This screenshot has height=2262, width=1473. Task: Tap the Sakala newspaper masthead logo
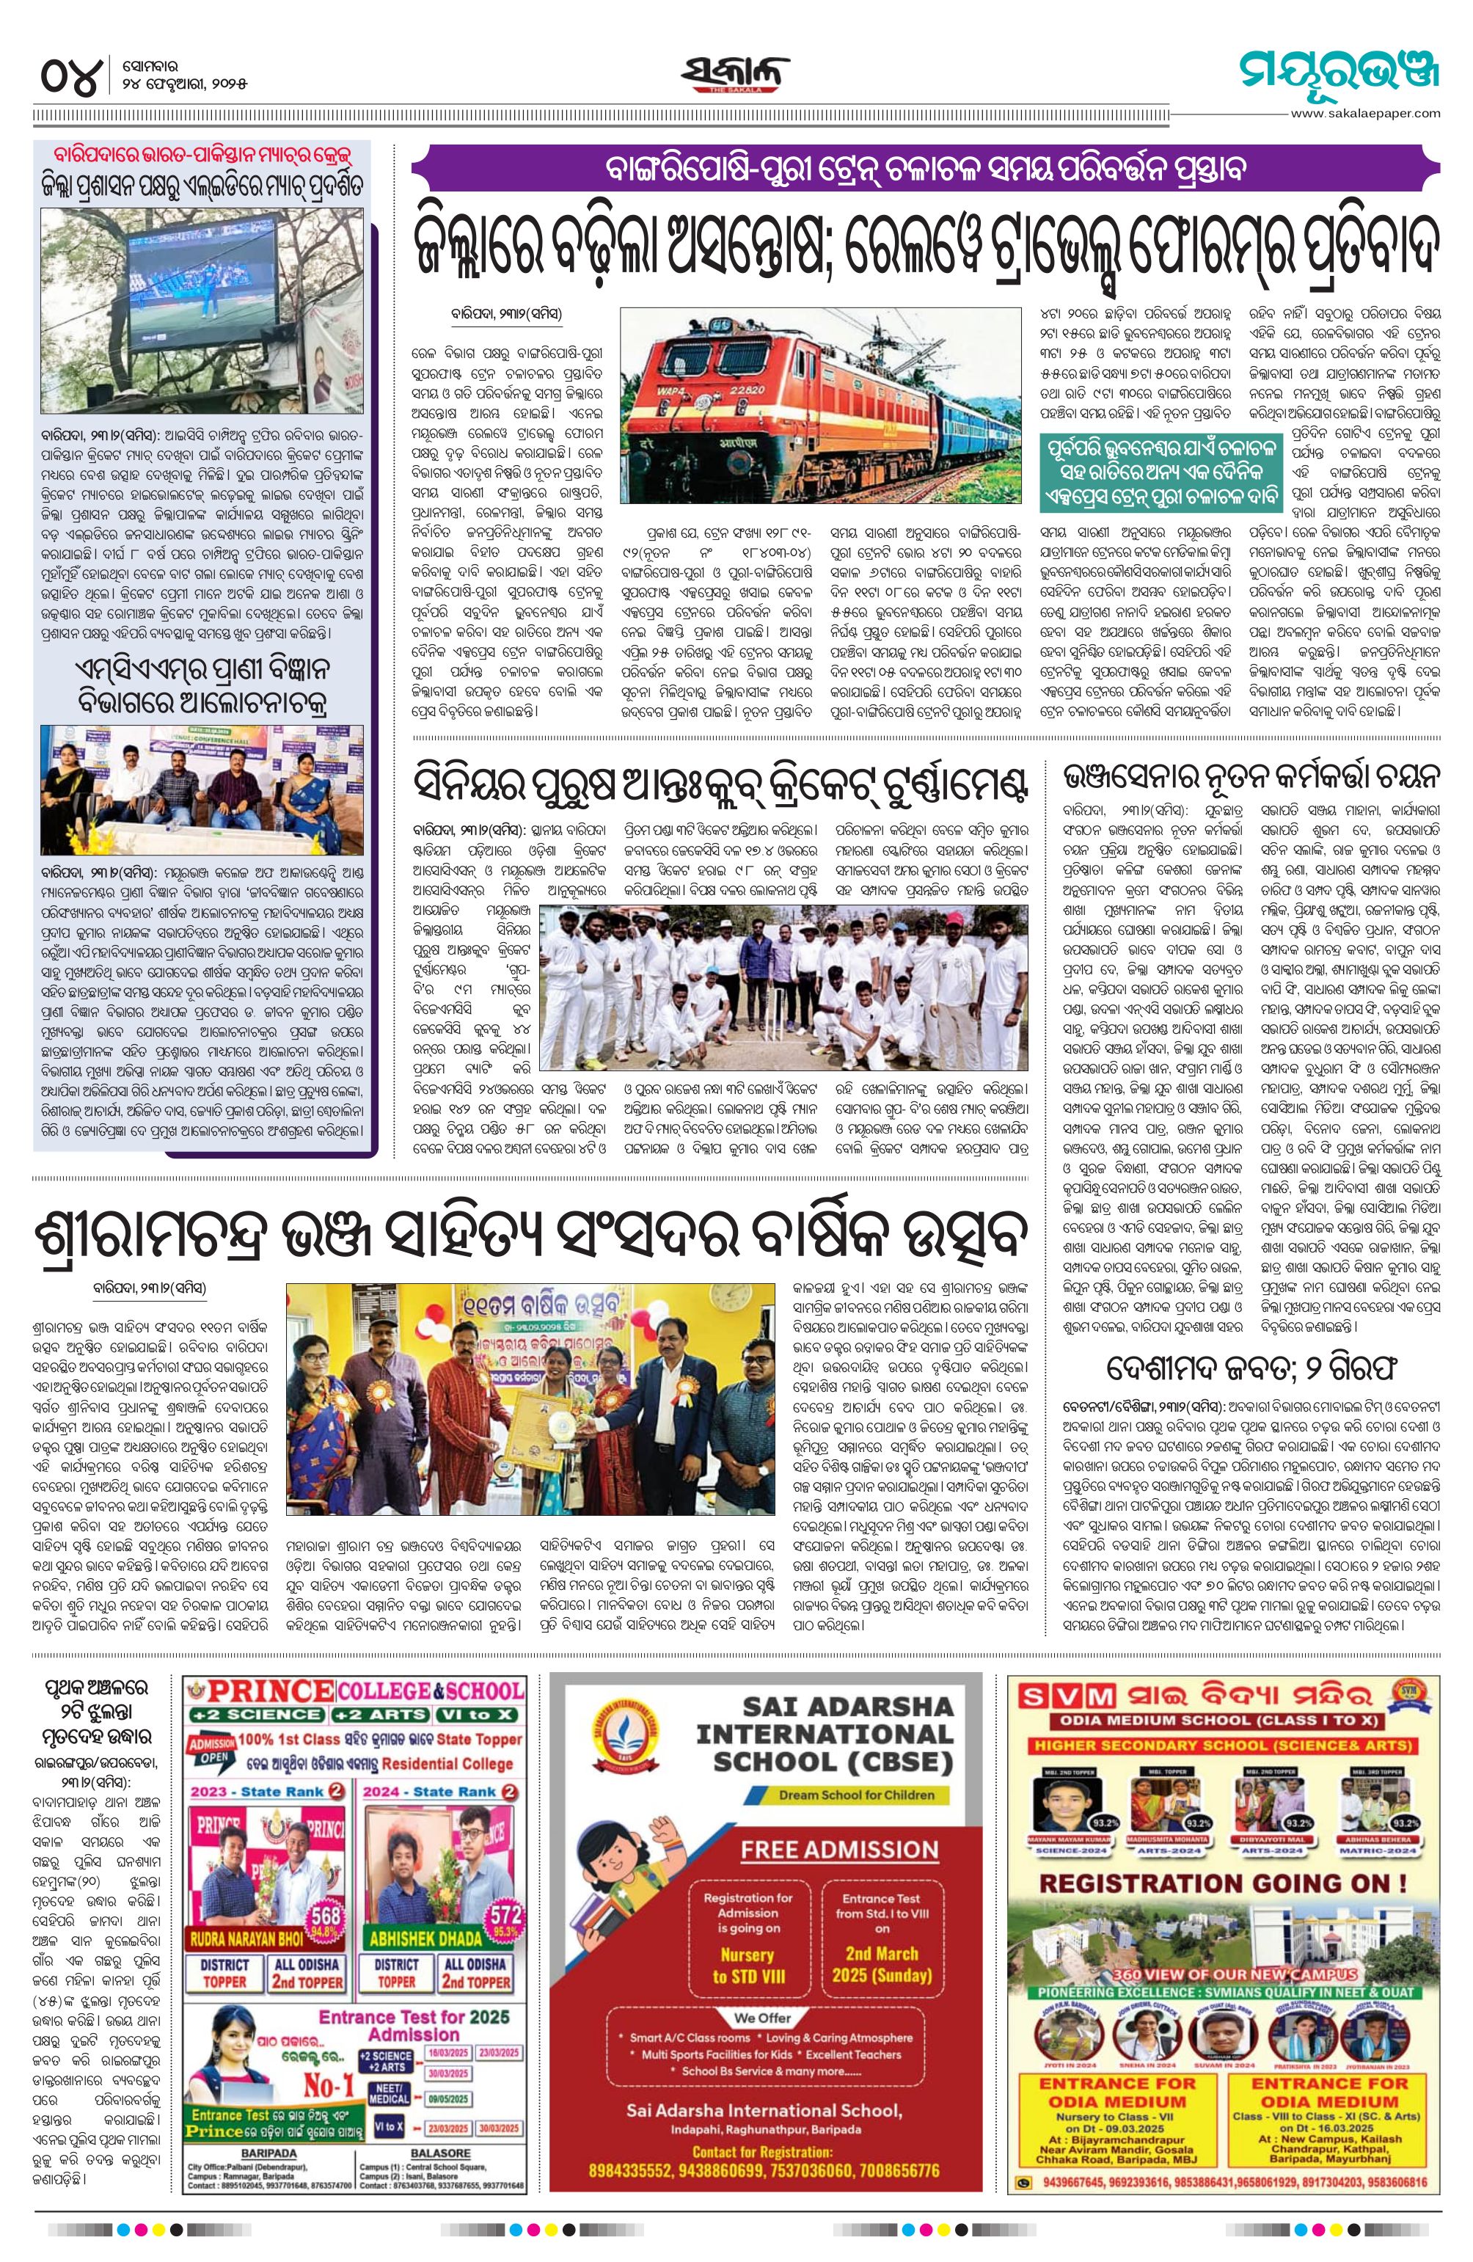click(734, 74)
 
